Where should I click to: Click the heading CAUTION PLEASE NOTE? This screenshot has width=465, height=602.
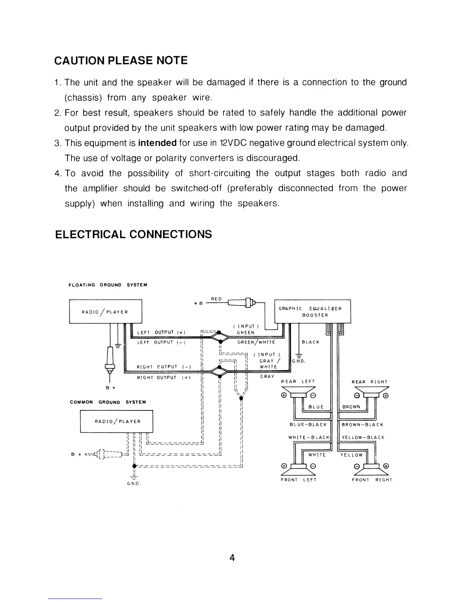click(121, 61)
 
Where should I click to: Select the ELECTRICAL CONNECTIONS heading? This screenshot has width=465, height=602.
click(133, 234)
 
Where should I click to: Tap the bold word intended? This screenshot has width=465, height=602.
click(157, 143)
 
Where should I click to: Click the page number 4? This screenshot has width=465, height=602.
click(232, 558)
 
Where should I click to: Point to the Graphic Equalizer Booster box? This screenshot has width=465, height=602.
click(312, 312)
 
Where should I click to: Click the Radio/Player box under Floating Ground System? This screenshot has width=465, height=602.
click(105, 312)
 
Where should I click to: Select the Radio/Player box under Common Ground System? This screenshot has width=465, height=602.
click(116, 421)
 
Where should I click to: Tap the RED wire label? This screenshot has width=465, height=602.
click(217, 299)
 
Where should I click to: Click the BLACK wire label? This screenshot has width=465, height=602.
click(310, 342)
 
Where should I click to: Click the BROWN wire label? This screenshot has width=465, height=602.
click(351, 407)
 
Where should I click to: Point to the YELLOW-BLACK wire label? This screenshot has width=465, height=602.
click(363, 437)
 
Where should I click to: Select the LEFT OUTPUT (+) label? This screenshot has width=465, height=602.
click(161, 333)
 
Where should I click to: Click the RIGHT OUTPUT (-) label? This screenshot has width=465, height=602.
click(163, 367)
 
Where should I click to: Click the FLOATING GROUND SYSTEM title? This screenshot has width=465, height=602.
click(108, 285)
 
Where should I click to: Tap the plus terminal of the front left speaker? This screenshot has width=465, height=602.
click(283, 466)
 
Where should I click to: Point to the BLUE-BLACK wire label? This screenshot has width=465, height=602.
click(308, 425)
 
